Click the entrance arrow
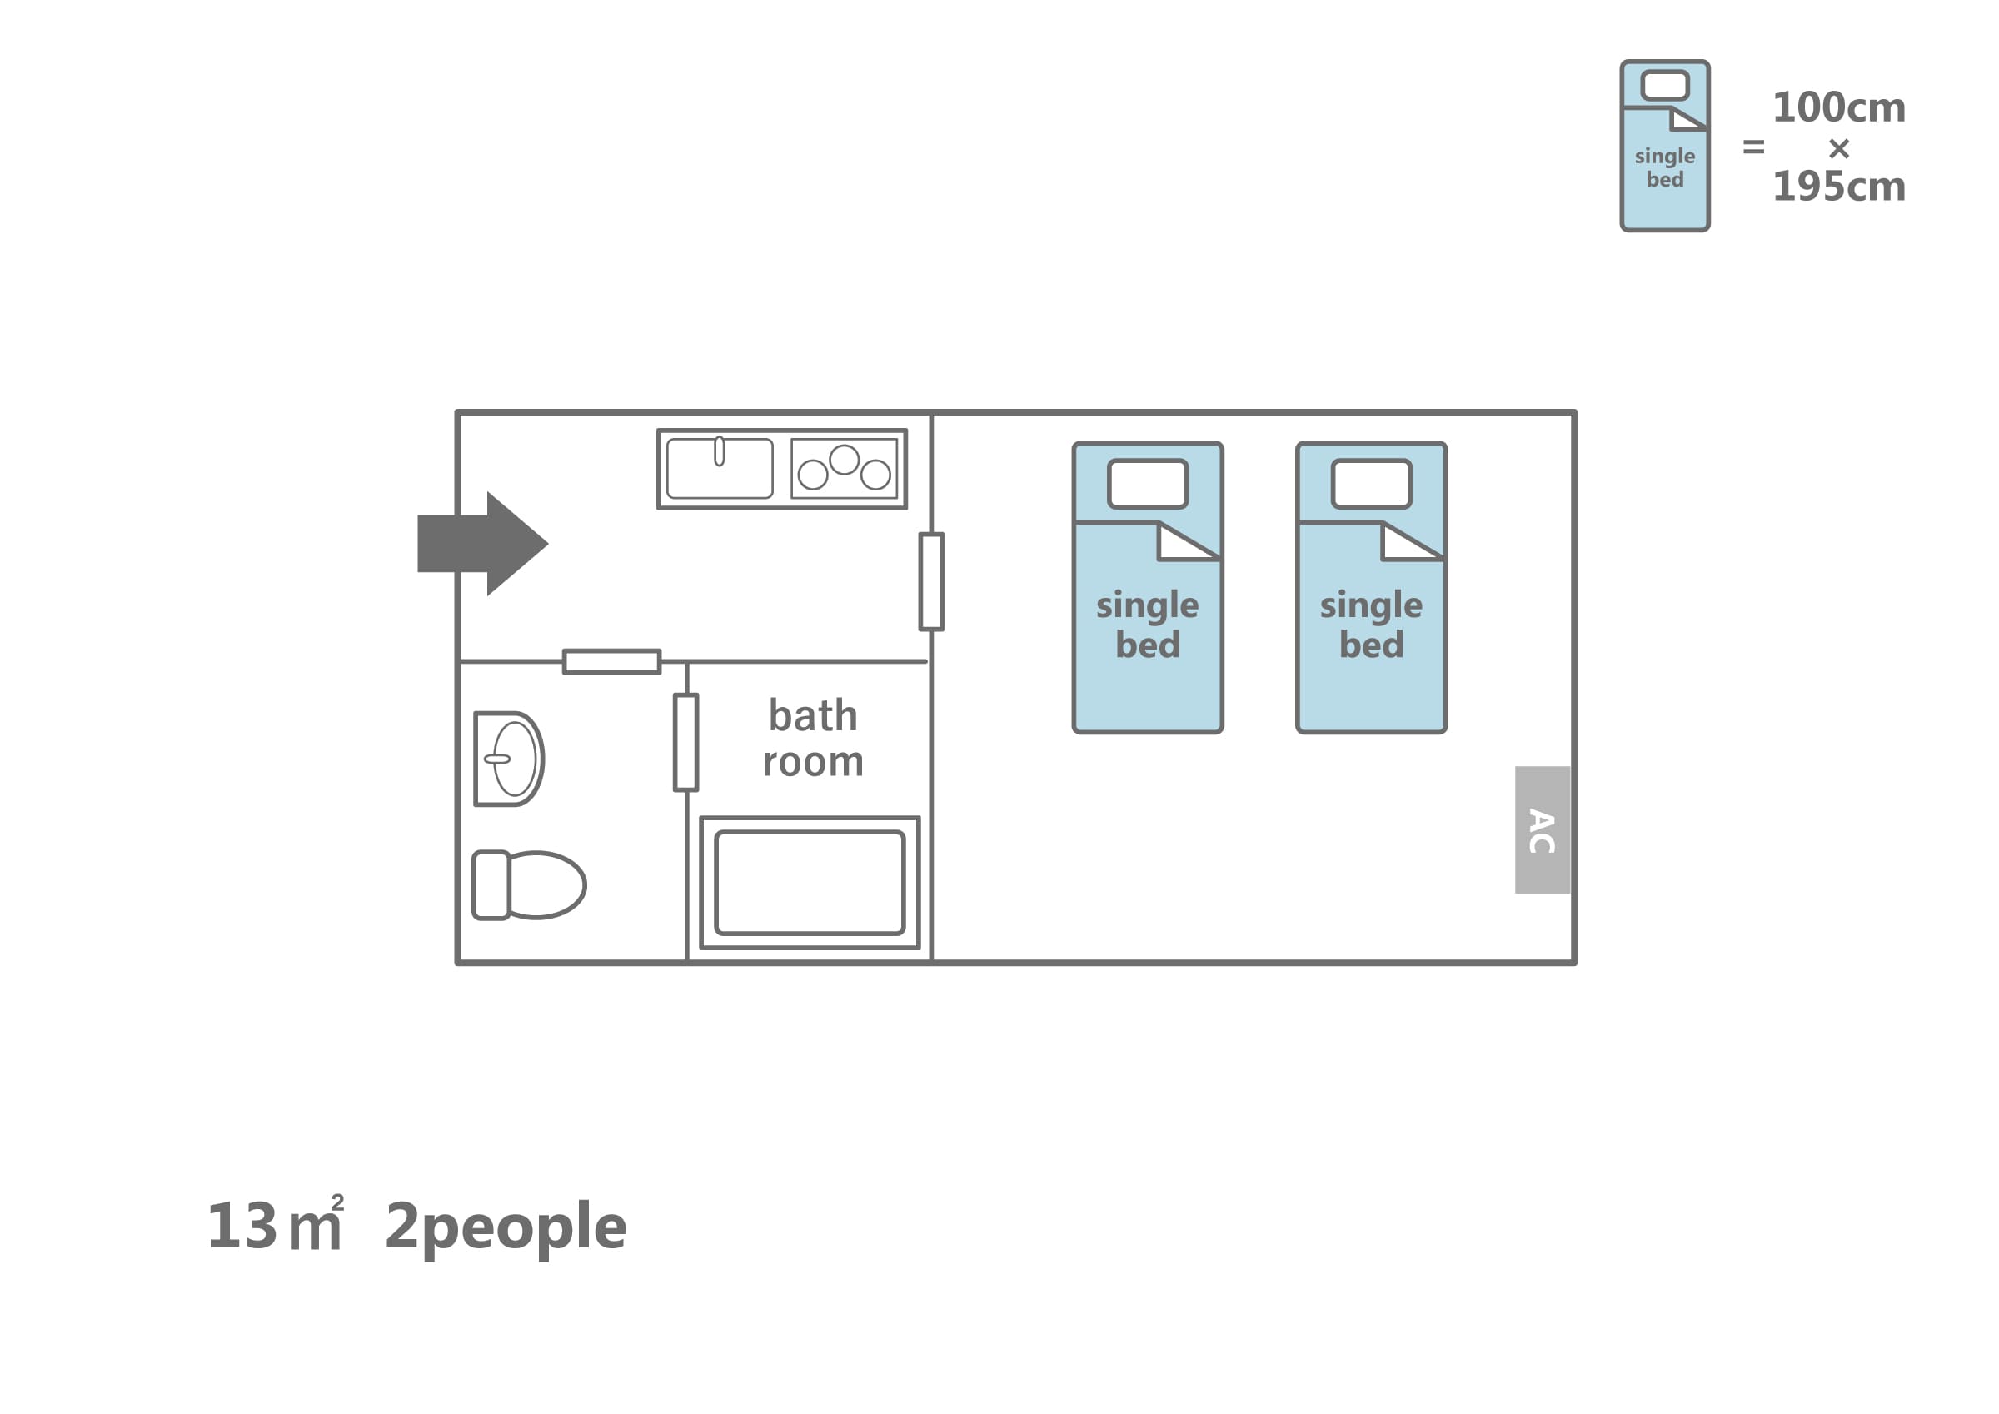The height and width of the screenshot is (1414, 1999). [x=482, y=543]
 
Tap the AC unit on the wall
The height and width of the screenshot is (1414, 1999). [x=1542, y=829]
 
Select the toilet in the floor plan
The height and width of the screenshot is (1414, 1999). [x=528, y=885]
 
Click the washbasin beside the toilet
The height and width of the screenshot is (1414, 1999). [x=509, y=759]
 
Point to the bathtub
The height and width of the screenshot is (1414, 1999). [x=810, y=883]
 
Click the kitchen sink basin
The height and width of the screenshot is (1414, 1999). [x=719, y=469]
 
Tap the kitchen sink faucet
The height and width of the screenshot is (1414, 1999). [x=719, y=451]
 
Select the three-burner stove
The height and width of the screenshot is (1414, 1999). [x=844, y=469]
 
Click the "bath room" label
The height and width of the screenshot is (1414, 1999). [x=813, y=739]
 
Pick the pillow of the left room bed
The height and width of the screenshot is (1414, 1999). [x=1148, y=483]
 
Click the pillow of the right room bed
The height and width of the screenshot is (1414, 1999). [x=1371, y=483]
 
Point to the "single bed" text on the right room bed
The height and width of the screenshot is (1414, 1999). [x=1371, y=625]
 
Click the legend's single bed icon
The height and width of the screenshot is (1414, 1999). [x=1665, y=146]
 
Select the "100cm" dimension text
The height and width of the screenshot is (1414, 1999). [x=1840, y=108]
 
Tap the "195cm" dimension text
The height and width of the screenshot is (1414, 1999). [x=1840, y=187]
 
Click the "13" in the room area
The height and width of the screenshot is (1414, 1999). [x=242, y=1227]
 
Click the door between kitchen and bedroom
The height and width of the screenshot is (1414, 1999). [x=931, y=581]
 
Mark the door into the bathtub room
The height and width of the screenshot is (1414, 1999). [x=686, y=743]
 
